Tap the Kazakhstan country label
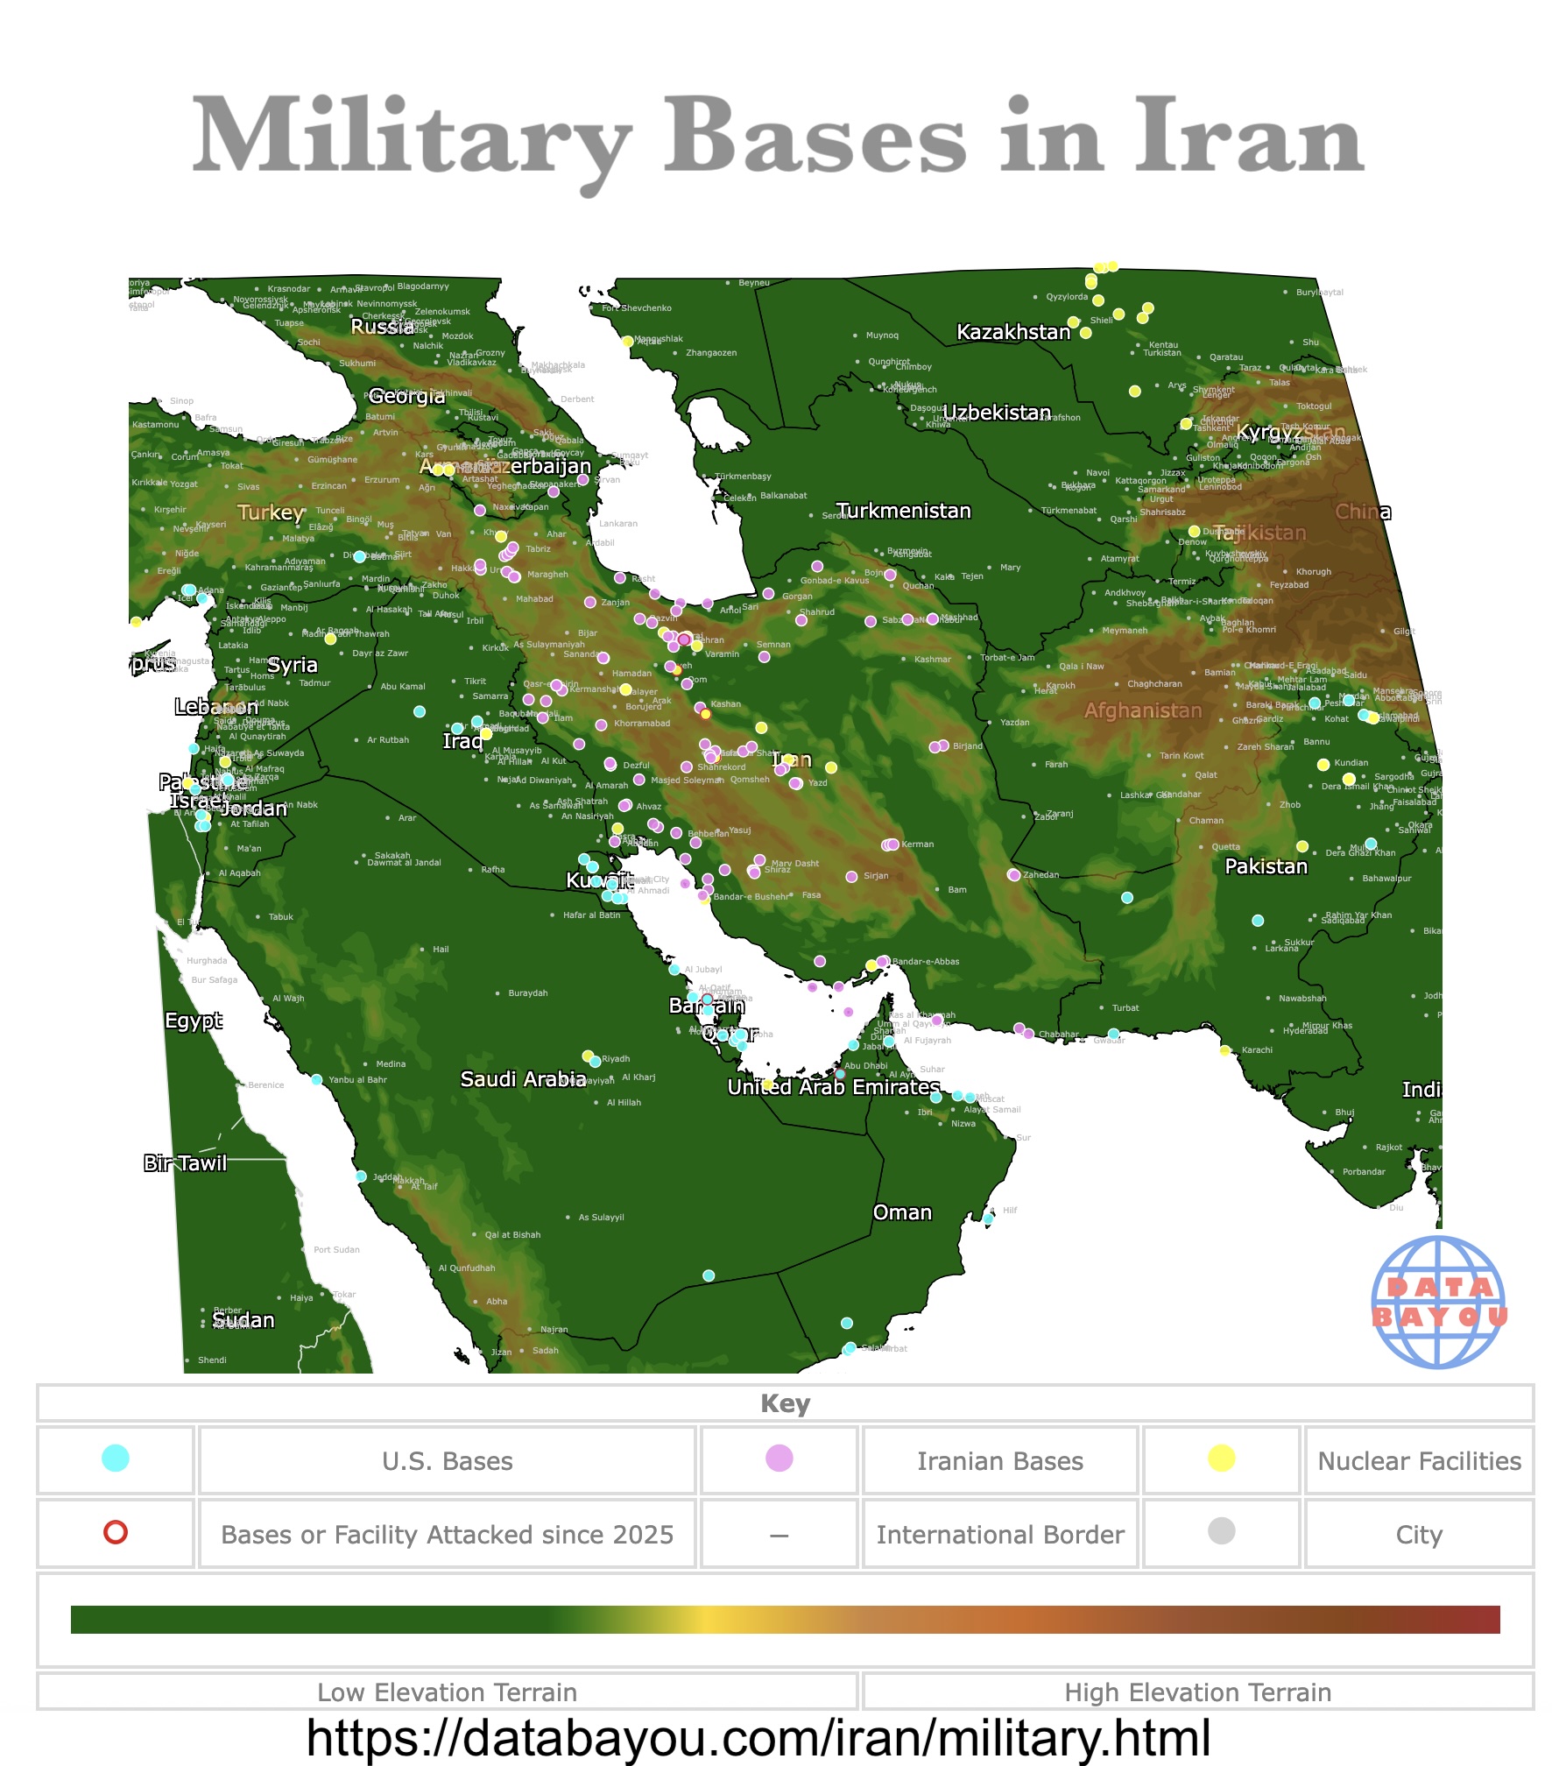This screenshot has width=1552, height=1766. click(1013, 333)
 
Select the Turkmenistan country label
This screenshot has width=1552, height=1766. click(903, 512)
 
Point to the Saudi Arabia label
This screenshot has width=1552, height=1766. click(523, 1079)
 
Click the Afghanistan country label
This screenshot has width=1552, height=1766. click(1143, 710)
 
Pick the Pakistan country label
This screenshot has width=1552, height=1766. click(1266, 866)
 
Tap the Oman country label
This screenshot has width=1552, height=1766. click(902, 1212)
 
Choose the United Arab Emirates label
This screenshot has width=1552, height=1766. click(833, 1087)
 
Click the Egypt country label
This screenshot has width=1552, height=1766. click(194, 1021)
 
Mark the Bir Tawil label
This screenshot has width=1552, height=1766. click(186, 1163)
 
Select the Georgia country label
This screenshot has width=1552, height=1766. click(406, 396)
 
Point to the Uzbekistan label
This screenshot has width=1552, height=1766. click(997, 413)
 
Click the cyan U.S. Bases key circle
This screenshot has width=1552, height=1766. click(116, 1458)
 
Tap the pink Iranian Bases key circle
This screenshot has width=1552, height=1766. click(780, 1458)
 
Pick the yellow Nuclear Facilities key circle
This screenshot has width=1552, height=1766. click(1221, 1458)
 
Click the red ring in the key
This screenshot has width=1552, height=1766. click(116, 1532)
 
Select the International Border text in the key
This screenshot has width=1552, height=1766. click(1000, 1535)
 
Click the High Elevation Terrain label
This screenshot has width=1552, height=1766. click(1197, 1692)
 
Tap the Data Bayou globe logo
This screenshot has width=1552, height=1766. click(1438, 1302)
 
